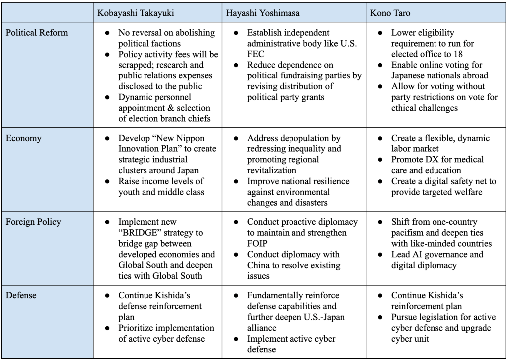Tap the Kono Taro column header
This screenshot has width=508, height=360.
tap(391, 12)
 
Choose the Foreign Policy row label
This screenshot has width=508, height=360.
tap(33, 222)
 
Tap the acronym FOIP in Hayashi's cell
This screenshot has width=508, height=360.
tap(258, 243)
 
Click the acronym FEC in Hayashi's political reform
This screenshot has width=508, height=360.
tap(258, 54)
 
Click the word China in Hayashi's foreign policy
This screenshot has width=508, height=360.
tap(259, 265)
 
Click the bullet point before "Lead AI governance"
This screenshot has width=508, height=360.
tap(380, 254)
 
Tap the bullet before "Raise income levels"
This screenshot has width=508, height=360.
tap(108, 181)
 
